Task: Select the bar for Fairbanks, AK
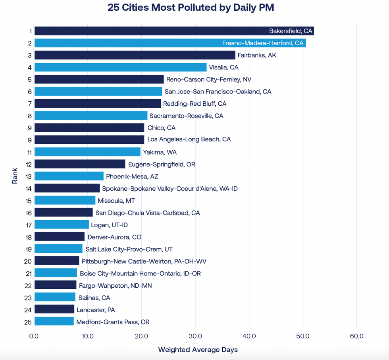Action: point(135,55)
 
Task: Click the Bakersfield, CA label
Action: point(291,31)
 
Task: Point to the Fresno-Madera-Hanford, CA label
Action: point(263,43)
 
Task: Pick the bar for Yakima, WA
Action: point(87,152)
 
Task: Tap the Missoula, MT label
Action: point(116,201)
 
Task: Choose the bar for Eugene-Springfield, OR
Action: point(80,164)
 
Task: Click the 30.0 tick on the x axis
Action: point(195,336)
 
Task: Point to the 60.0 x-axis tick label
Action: point(356,336)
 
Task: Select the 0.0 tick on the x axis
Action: point(34,336)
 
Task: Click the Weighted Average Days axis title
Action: point(198,350)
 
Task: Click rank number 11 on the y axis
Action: point(28,152)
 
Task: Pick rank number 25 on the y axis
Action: point(27,322)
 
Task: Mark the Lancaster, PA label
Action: point(96,310)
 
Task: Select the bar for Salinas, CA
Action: point(55,297)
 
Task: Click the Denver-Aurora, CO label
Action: point(114,237)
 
